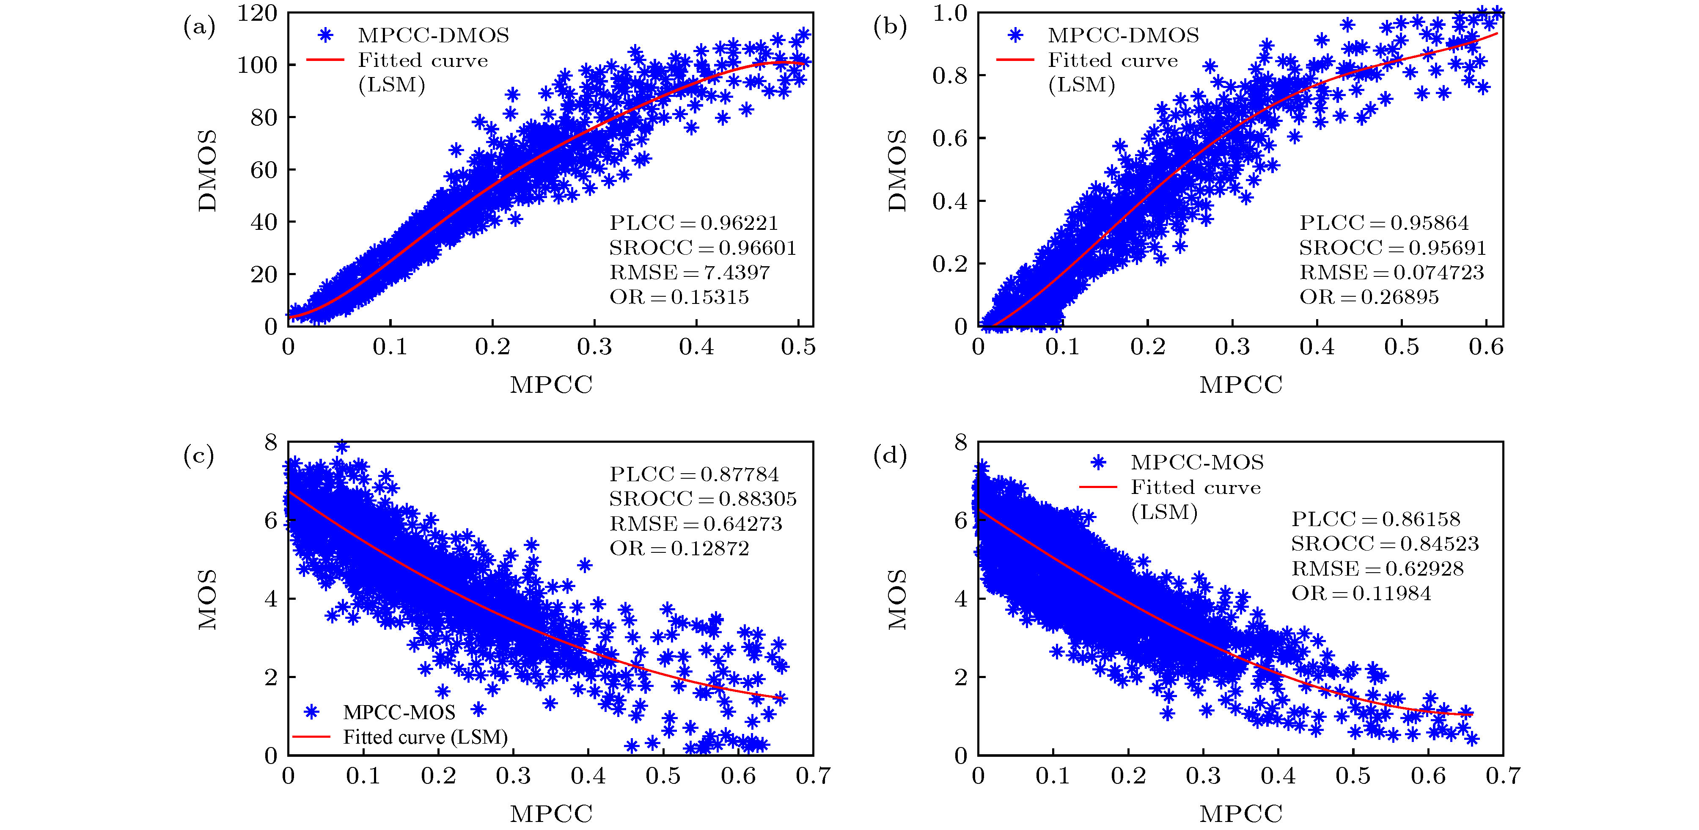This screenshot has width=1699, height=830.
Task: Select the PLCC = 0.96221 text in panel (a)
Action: (x=694, y=223)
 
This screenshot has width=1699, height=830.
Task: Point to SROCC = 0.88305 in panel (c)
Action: (x=702, y=499)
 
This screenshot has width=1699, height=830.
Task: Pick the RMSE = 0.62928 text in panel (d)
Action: (x=1377, y=569)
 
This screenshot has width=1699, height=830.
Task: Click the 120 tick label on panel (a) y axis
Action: (x=258, y=13)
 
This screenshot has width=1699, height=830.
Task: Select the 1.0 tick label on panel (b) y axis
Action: (x=949, y=13)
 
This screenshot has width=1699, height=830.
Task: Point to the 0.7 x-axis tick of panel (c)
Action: (x=813, y=776)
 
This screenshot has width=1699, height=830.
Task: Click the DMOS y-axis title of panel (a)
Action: (x=207, y=170)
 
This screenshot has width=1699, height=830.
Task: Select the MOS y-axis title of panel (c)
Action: (x=207, y=599)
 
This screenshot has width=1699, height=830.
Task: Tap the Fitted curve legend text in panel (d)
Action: (x=1195, y=488)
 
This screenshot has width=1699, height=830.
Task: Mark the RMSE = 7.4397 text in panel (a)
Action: (x=689, y=273)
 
